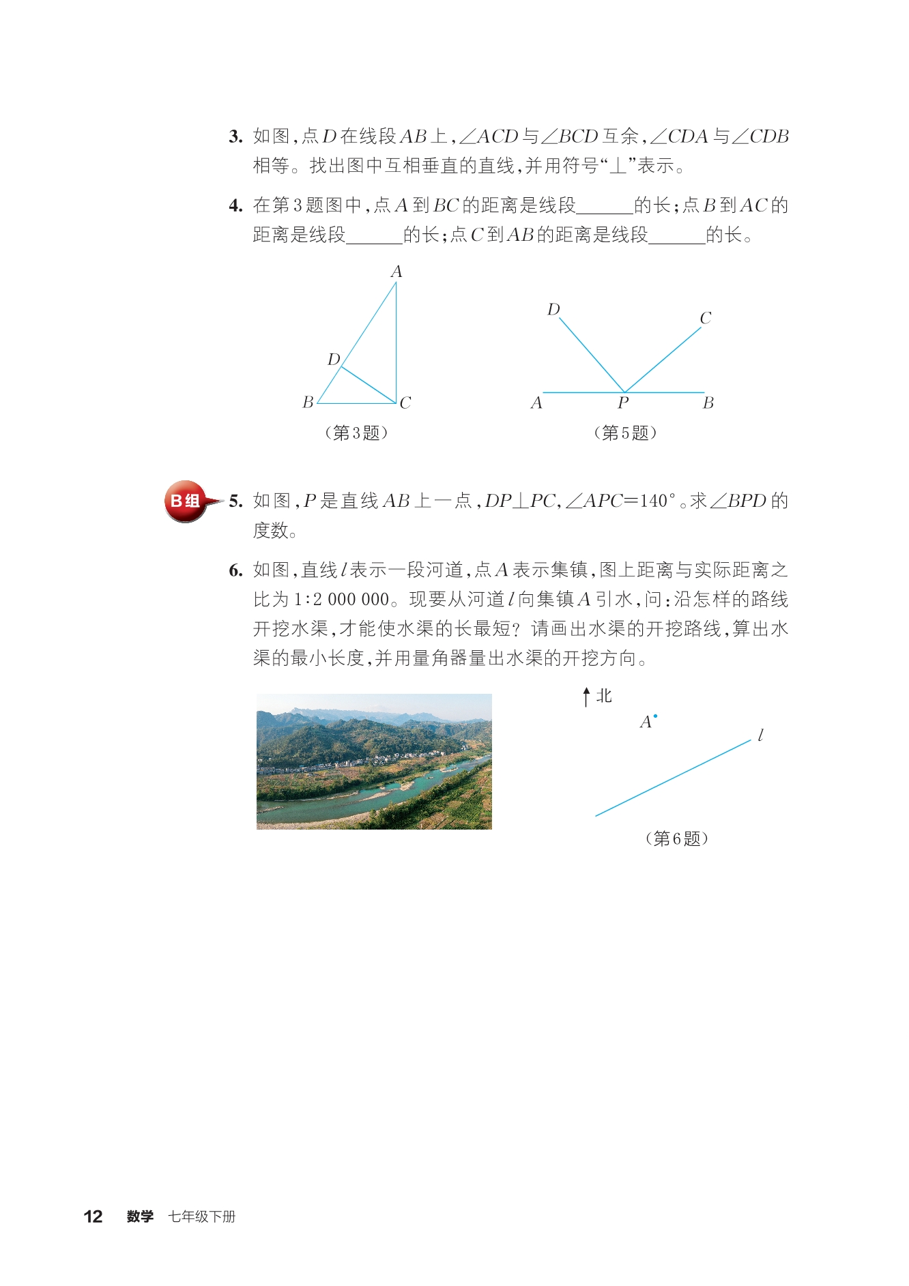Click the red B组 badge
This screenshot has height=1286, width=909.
186,501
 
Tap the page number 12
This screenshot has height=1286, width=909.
93,1216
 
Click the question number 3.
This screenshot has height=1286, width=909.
235,136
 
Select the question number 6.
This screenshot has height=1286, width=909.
235,570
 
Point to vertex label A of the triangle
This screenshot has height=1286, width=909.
396,272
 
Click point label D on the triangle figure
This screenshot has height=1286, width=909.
334,360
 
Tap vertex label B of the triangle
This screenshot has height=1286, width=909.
308,403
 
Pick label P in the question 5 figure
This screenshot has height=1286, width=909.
623,403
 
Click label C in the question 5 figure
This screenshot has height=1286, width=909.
705,318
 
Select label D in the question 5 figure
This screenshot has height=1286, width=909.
553,310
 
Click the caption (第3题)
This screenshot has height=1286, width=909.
356,433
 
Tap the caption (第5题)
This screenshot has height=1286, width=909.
625,433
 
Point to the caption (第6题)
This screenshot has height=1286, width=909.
676,838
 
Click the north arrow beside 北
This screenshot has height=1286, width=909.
586,697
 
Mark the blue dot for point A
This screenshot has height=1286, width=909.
655,716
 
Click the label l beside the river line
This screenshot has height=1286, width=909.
760,735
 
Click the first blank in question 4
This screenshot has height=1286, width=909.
605,206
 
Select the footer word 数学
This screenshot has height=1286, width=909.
140,1216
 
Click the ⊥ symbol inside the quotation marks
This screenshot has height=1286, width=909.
618,166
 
